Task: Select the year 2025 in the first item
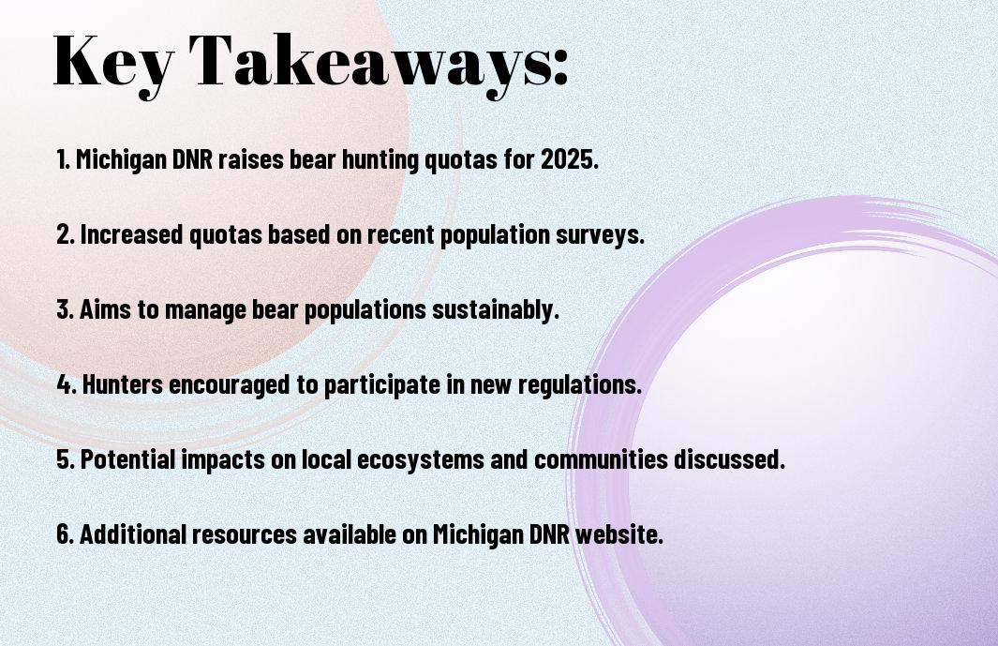click(570, 159)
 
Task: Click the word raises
click(251, 159)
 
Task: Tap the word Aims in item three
click(106, 309)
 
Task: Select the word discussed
click(729, 459)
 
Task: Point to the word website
click(619, 534)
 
